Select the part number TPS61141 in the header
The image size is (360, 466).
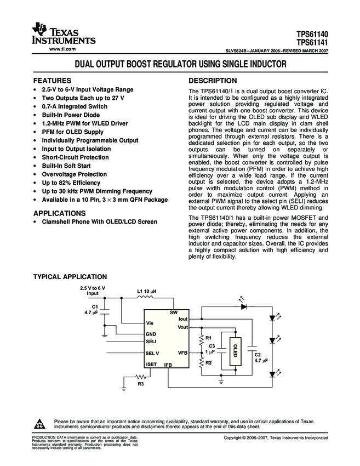point(313,42)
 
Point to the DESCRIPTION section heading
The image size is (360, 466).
point(213,80)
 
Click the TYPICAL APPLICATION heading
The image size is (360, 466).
point(70,277)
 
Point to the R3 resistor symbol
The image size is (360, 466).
point(142,377)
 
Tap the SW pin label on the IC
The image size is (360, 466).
point(174,312)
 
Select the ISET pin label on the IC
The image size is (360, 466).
point(152,364)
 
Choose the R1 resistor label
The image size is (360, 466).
point(208,337)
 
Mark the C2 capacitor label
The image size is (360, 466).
point(257,355)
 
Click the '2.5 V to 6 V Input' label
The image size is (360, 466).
point(93,291)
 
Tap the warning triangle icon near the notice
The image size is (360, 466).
point(39,424)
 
